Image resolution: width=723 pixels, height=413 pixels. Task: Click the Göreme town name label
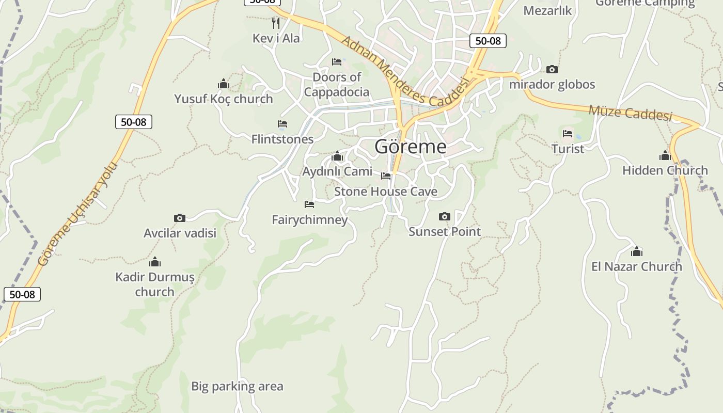coord(411,147)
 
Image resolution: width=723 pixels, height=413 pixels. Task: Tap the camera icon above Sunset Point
coord(444,216)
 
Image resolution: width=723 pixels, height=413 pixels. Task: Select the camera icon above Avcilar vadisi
coord(180,218)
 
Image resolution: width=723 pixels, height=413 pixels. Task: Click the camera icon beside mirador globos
coord(552,69)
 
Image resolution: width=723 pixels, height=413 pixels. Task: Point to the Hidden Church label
coord(665,170)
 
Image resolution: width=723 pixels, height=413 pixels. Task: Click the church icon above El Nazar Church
coord(637,251)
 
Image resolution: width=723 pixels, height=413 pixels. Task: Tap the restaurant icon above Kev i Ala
coord(276,23)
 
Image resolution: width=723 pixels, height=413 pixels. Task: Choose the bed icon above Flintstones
coord(282,124)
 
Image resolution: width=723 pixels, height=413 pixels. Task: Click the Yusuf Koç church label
coord(223,99)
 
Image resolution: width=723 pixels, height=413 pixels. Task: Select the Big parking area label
coord(237,386)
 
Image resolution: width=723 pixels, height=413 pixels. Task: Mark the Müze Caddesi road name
coord(631,113)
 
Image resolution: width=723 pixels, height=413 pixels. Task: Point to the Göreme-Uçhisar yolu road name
coord(77,214)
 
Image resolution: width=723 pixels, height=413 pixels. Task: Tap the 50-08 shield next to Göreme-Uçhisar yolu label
coord(134,122)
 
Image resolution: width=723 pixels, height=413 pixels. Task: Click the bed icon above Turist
coord(568,133)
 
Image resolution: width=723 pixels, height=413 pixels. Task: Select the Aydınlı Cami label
coord(337,171)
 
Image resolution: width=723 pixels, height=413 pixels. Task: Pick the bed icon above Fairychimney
coord(309,204)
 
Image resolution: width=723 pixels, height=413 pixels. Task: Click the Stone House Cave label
coord(386,192)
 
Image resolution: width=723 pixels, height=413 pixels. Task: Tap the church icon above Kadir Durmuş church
coord(155,262)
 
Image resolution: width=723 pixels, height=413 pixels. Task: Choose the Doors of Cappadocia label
coord(337,85)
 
